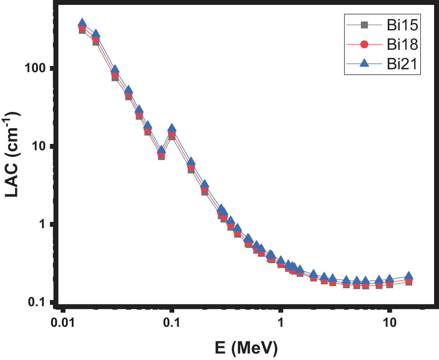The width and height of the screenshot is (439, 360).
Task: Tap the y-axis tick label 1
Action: point(43,224)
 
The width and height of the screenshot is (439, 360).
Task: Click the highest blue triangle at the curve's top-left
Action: point(82,23)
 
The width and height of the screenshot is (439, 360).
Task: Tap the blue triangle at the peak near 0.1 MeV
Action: point(172,128)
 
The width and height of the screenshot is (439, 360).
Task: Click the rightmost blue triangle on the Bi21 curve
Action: point(409,276)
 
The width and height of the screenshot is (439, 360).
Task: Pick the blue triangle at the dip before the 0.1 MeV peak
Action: point(161,150)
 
